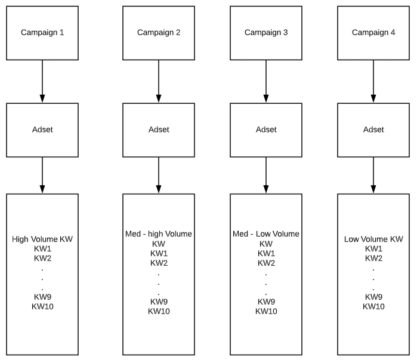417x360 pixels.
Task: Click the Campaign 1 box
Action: point(42,33)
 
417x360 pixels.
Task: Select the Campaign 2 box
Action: point(159,33)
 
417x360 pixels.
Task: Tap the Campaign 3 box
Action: point(266,33)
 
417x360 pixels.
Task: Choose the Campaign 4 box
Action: point(373,33)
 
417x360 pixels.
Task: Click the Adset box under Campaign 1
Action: point(42,130)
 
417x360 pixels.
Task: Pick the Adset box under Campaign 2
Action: point(159,130)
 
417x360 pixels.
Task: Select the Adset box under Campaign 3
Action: point(266,130)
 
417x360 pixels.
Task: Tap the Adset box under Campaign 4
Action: point(373,130)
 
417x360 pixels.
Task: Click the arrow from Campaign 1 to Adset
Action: point(42,81)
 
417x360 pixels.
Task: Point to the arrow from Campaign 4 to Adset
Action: point(373,81)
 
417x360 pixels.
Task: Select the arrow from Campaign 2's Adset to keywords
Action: point(159,175)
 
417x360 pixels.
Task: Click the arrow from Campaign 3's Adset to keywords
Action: point(266,175)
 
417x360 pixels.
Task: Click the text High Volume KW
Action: point(42,240)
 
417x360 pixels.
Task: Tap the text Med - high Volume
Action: point(159,234)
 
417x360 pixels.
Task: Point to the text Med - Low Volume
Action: point(266,234)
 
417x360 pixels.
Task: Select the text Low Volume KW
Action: point(373,240)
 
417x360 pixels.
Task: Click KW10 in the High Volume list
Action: point(42,306)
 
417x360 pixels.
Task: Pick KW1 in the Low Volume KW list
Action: point(373,249)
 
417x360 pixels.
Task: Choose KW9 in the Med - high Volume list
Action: point(159,302)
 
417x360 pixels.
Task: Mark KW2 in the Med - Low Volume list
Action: point(266,263)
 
